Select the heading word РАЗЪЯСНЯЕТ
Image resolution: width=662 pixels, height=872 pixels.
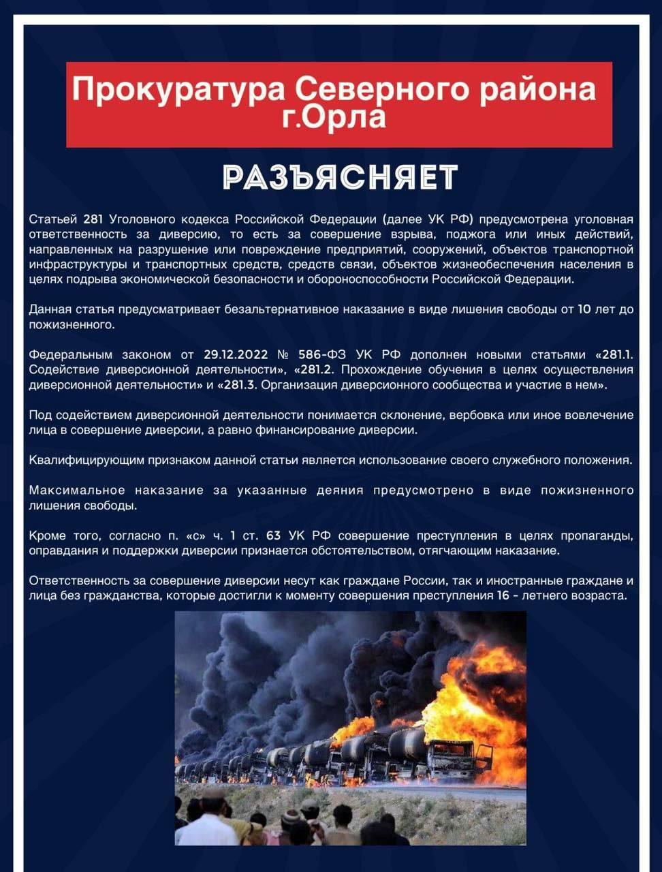[x=340, y=178]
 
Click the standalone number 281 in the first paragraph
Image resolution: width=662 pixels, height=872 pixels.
[x=93, y=219]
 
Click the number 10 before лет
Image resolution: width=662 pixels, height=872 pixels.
[x=584, y=309]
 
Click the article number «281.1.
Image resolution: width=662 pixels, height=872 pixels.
[x=614, y=355]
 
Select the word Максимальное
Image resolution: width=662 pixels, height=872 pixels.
[x=77, y=490]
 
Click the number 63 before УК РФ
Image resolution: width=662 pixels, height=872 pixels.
[x=273, y=535]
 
